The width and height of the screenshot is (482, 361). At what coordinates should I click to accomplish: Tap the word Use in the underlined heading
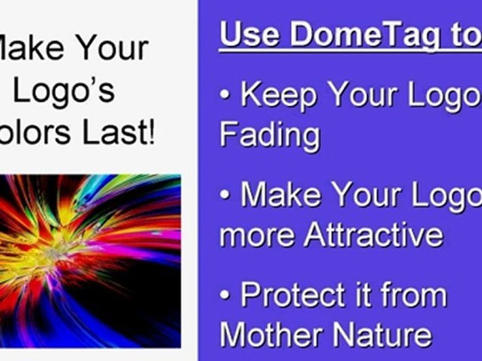pyautogui.click(x=251, y=34)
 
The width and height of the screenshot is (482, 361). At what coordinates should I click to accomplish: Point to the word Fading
pyautogui.click(x=270, y=134)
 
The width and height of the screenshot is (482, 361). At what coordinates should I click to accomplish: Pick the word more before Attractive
pyautogui.click(x=258, y=234)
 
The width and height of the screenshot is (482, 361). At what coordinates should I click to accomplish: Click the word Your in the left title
pyautogui.click(x=113, y=48)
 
